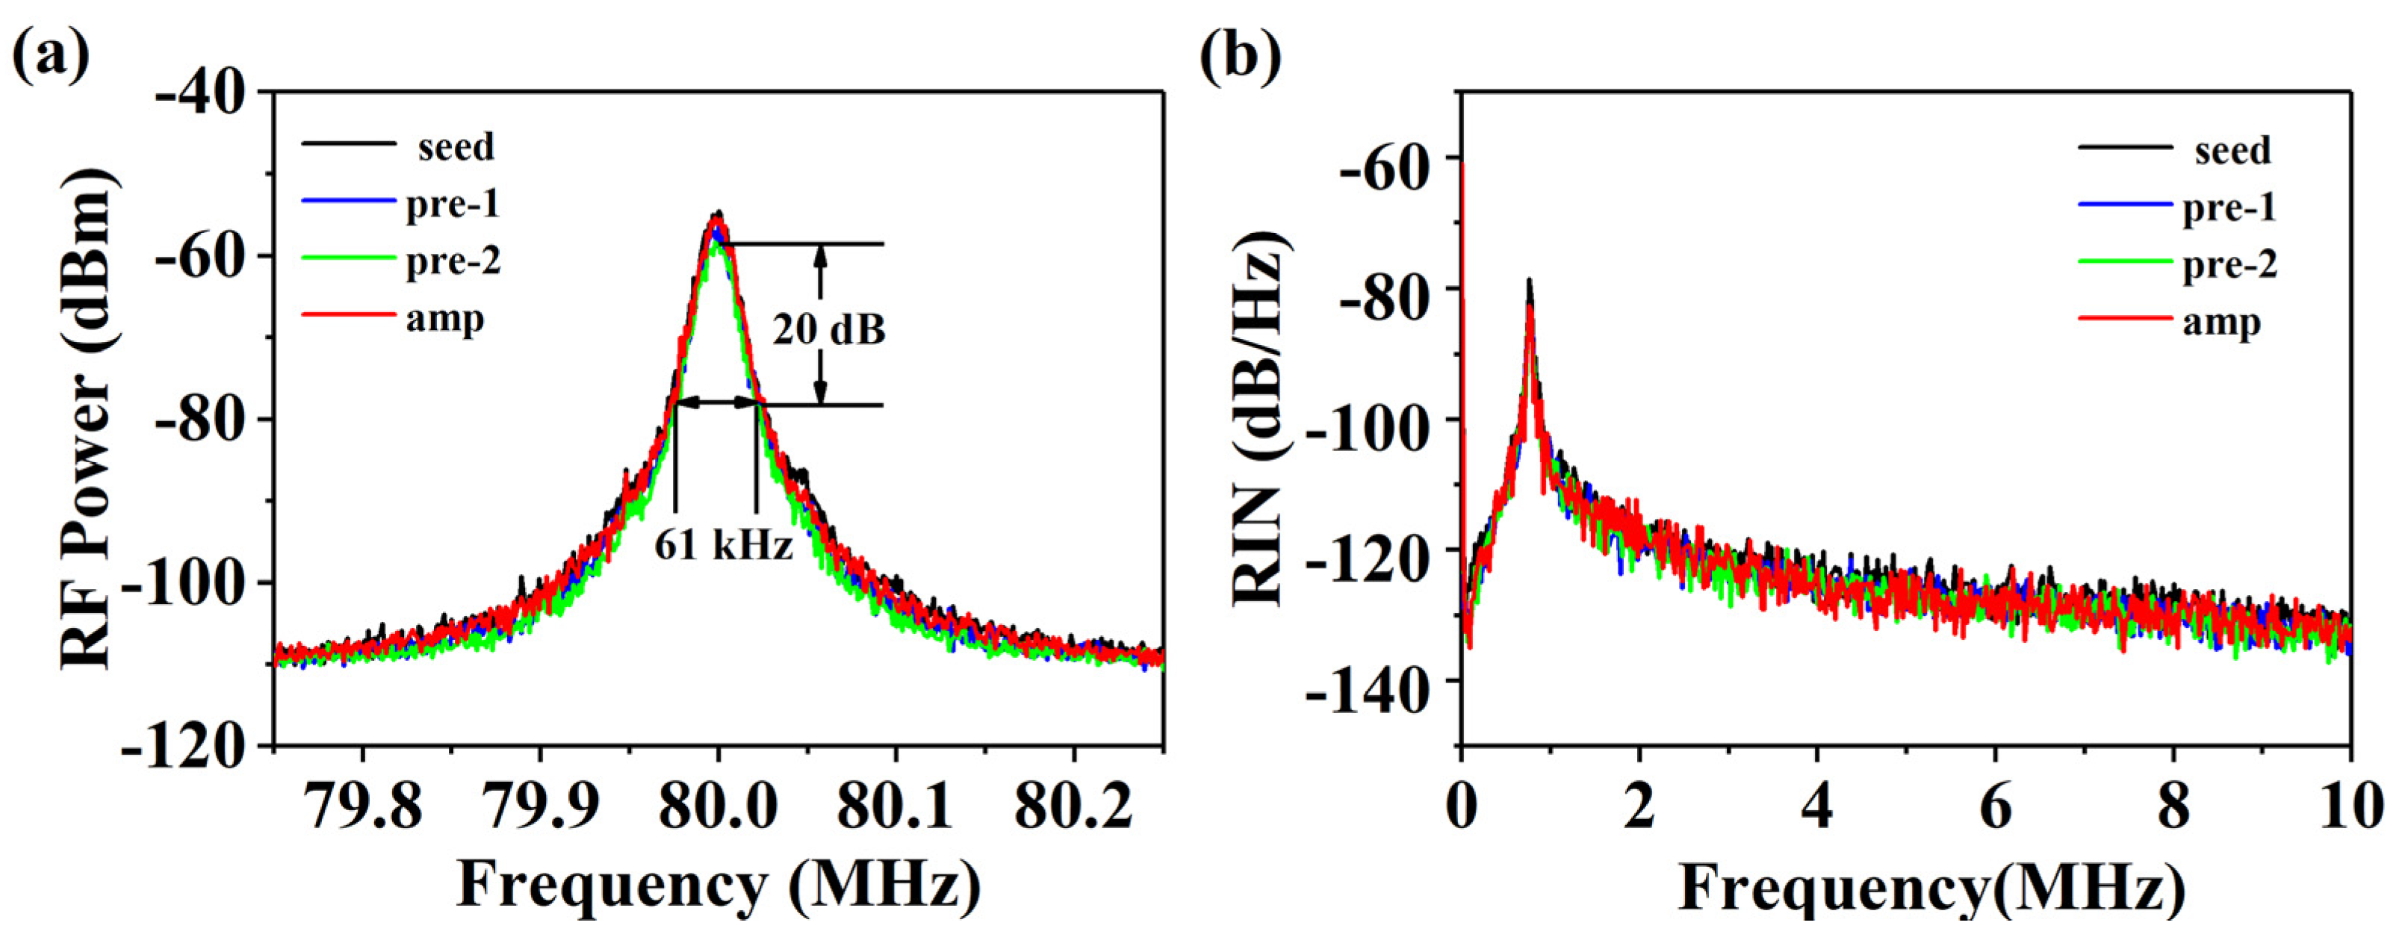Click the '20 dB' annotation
click(828, 329)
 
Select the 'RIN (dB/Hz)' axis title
click(1264, 420)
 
